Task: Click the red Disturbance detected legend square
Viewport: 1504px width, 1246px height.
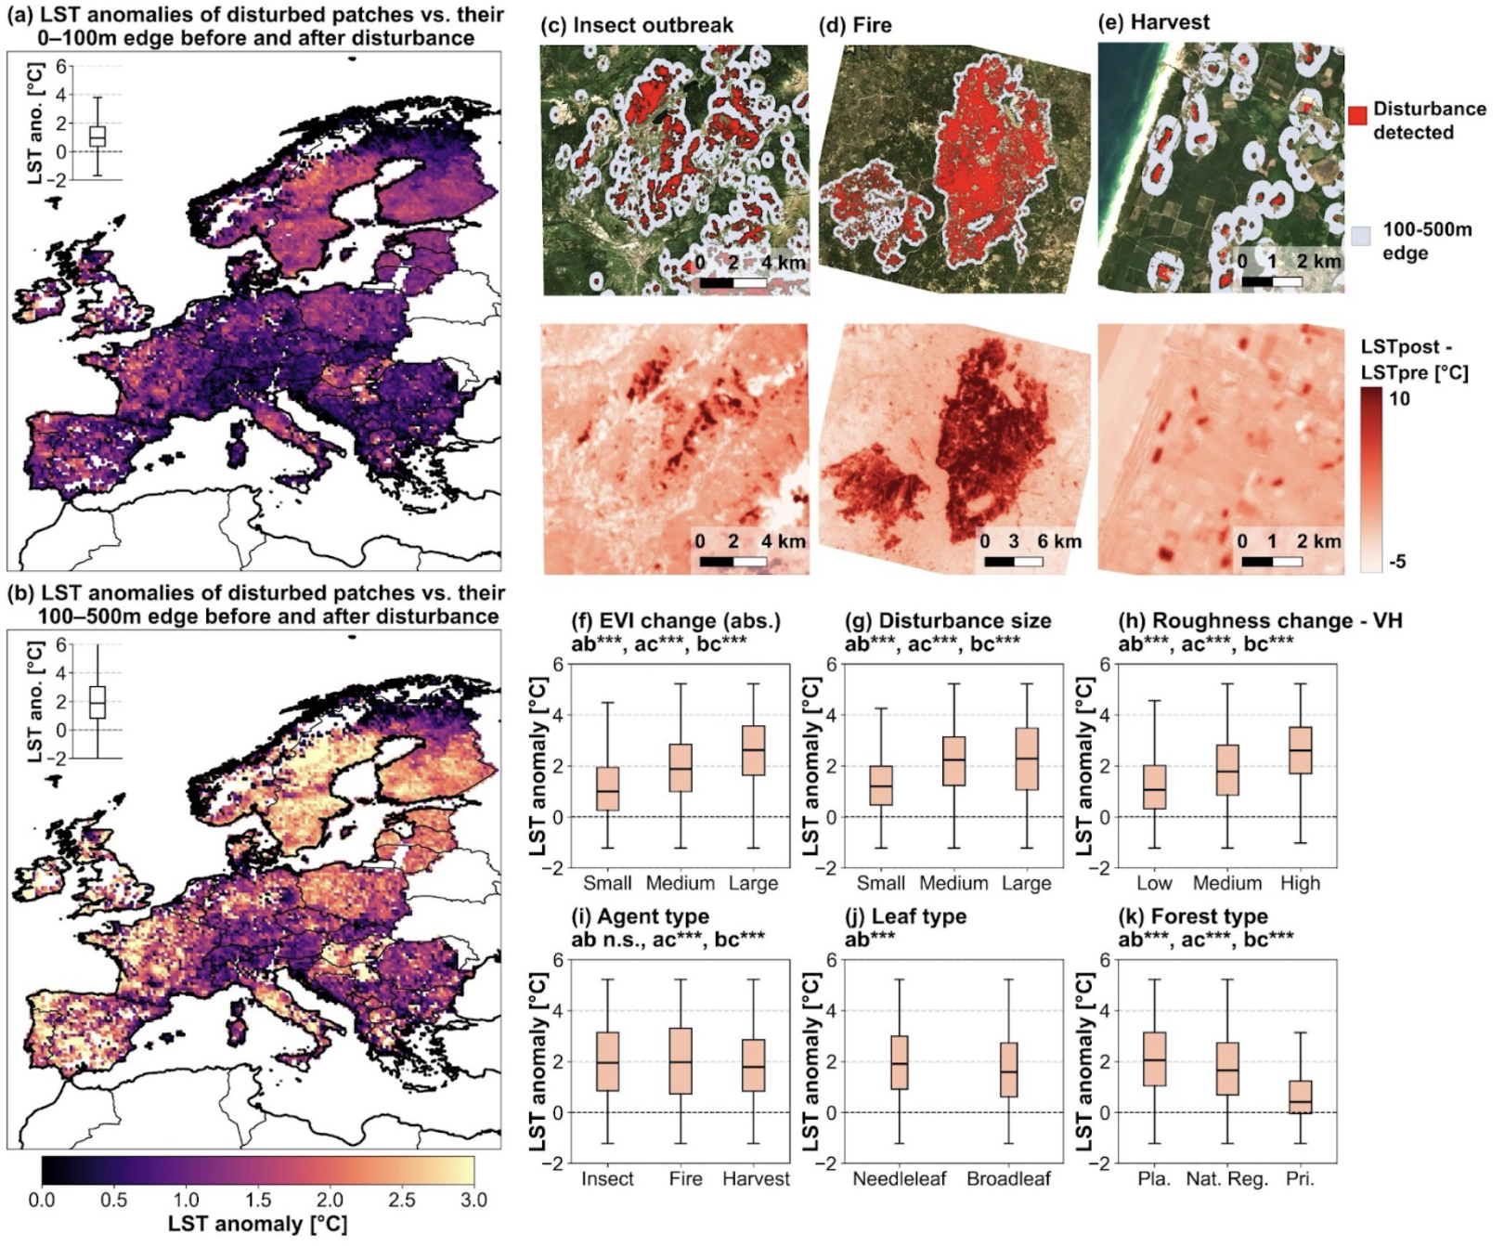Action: point(1356,115)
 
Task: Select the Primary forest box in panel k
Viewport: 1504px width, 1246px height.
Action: point(1300,1097)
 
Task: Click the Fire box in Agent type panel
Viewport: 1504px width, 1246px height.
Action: point(681,1060)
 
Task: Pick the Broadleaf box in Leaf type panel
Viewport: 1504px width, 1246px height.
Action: point(1008,1070)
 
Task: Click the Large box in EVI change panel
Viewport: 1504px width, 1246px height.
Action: point(753,750)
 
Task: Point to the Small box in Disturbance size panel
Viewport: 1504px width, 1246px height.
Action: point(881,785)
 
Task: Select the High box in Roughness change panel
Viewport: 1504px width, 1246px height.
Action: point(1300,750)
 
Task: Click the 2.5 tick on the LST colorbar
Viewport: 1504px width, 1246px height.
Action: point(402,1199)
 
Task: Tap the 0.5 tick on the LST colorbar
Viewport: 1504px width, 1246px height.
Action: point(113,1199)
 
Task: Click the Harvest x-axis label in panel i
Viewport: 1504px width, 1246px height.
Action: point(756,1179)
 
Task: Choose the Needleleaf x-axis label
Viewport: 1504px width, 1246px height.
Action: point(899,1179)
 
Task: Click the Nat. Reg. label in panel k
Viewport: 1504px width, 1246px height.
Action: point(1226,1179)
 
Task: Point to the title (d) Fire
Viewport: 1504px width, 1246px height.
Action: point(855,25)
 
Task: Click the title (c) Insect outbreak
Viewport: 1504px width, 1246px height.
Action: point(637,25)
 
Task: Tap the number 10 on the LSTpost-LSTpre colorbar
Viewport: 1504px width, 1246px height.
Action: point(1398,399)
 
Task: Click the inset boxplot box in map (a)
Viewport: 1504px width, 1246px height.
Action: point(97,136)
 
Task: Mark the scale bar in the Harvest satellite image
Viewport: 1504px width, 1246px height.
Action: point(1272,280)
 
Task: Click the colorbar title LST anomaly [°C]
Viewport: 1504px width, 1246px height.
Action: point(257,1225)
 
